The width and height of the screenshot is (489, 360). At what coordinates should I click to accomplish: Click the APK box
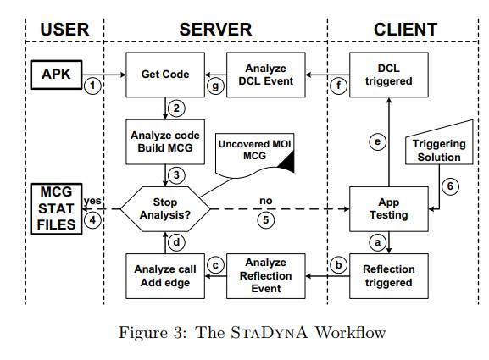56,75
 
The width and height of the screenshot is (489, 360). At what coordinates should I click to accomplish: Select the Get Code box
165,75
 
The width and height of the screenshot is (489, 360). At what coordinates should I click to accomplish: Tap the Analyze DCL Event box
266,75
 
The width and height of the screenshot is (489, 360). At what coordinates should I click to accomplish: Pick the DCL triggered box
389,75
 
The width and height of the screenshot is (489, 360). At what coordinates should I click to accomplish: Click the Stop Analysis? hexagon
165,209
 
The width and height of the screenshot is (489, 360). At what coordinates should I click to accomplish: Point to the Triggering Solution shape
439,147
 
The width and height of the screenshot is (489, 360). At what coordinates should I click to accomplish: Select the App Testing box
389,209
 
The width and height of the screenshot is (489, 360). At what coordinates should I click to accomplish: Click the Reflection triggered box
389,276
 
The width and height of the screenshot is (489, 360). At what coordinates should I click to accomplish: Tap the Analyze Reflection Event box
266,276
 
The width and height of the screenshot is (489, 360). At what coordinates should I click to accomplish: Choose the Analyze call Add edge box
165,276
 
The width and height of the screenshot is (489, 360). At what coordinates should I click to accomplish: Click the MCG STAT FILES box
56,209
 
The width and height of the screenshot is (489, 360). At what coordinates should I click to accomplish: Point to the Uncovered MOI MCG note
254,152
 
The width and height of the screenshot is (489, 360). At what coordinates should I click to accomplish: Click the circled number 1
92,86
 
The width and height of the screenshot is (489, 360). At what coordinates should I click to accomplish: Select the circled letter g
215,86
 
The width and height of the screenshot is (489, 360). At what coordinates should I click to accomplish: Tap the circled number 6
450,186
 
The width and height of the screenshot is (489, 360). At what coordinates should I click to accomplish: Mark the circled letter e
377,141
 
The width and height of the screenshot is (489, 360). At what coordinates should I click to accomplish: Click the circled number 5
266,220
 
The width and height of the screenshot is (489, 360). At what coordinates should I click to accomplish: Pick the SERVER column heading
215,30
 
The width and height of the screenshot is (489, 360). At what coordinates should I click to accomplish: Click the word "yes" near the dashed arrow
92,201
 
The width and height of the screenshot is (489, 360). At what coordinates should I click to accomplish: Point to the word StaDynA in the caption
269,332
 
